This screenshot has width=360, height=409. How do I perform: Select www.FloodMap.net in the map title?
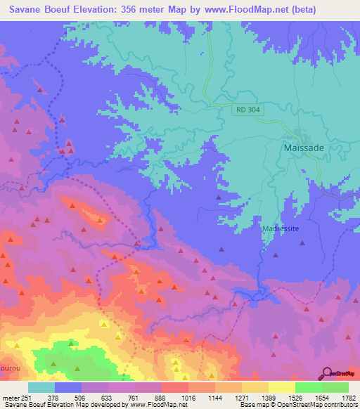[x=236, y=9]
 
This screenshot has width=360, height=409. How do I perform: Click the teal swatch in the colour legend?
[x=41, y=387]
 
